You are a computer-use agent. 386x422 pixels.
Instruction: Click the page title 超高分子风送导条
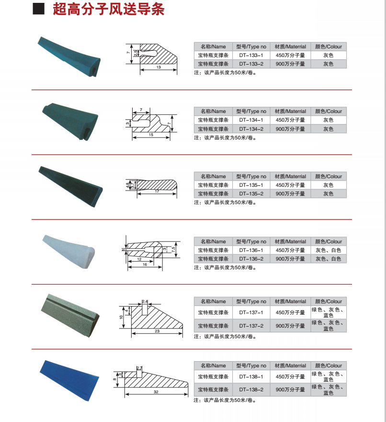pos(108,10)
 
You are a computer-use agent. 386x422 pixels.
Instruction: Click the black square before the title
pos(39,9)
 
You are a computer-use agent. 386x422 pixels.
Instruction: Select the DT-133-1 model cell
pos(251,55)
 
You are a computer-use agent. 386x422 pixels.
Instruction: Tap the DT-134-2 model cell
pos(251,129)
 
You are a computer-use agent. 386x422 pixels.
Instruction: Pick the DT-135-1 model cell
pos(251,185)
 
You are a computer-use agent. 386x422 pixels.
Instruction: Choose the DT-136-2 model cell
pos(251,259)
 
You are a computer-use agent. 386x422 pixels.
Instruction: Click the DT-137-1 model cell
pos(251,312)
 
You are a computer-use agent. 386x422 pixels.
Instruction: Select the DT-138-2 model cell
pos(251,390)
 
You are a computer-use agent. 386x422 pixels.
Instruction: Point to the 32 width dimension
pos(156,392)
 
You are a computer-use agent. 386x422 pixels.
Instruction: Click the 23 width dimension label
pos(157,331)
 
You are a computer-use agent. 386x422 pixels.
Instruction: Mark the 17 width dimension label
pos(157,192)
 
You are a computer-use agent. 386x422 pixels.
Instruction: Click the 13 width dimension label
pos(158,68)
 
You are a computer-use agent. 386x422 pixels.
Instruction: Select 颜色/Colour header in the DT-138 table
pos(329,365)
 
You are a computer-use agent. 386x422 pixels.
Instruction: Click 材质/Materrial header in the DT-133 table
pos(290,46)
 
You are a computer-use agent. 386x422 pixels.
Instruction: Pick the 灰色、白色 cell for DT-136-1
pos(329,250)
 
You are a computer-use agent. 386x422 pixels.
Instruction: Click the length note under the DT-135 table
pos(225,203)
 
